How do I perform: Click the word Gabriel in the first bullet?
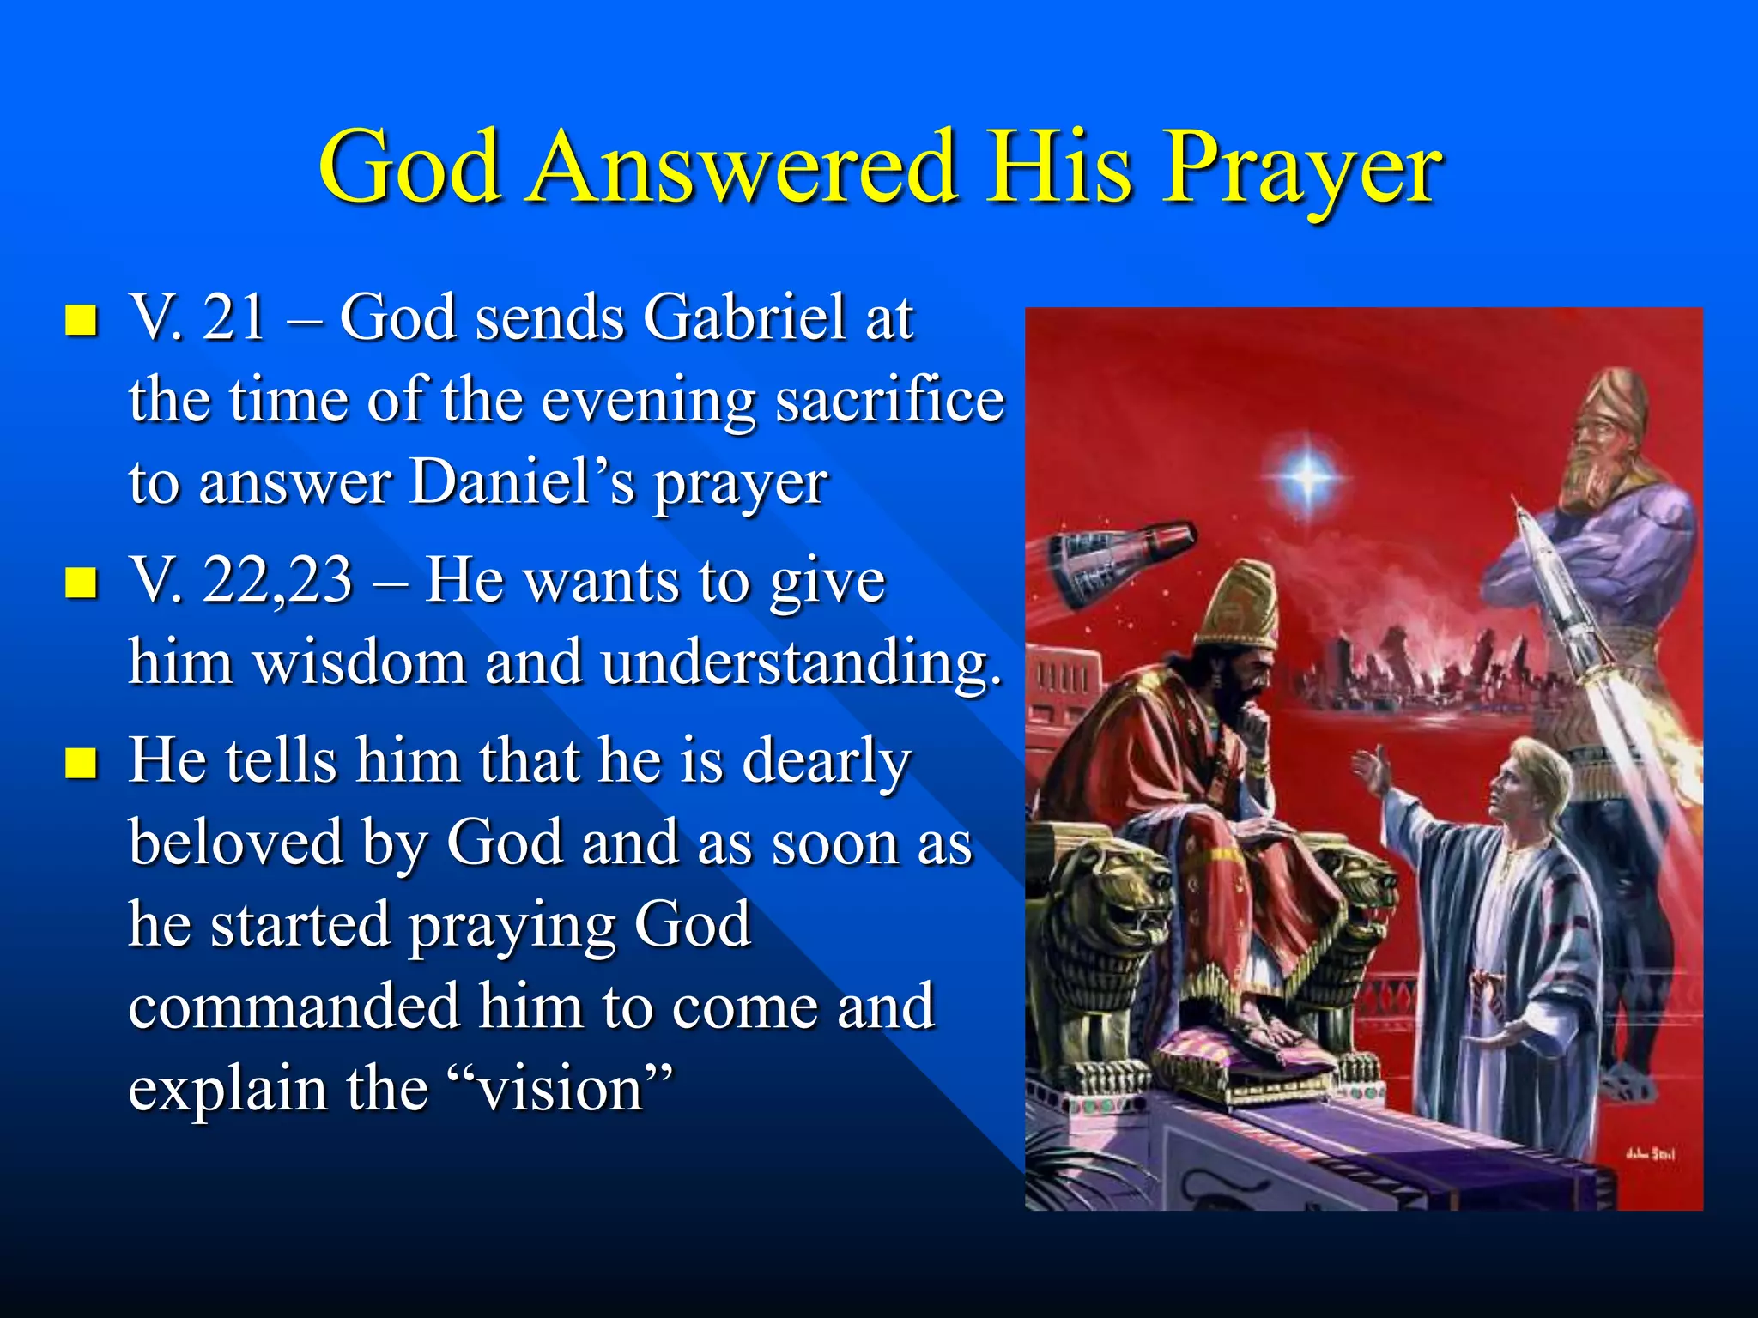pos(744,317)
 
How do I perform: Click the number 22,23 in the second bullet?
pos(276,580)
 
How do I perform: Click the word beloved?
pos(235,843)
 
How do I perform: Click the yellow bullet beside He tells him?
pos(81,762)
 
